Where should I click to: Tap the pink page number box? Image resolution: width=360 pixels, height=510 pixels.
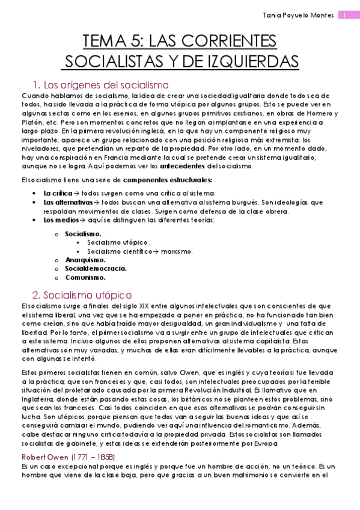[348, 15]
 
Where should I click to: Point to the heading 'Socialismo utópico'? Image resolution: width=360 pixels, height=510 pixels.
[82, 295]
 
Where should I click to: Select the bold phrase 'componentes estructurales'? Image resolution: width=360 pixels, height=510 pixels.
[167, 179]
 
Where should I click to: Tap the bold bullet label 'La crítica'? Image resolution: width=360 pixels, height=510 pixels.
[57, 193]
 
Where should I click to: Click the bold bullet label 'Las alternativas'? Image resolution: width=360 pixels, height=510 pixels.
[65, 202]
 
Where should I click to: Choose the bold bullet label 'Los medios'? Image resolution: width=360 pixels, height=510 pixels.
[59, 220]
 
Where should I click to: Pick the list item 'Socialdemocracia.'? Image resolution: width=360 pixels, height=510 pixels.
[96, 269]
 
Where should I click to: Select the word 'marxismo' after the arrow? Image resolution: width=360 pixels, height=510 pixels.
[175, 251]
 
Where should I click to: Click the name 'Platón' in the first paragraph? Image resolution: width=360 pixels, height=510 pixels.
[32, 121]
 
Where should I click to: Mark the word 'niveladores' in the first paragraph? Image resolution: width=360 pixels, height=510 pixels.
[40, 148]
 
